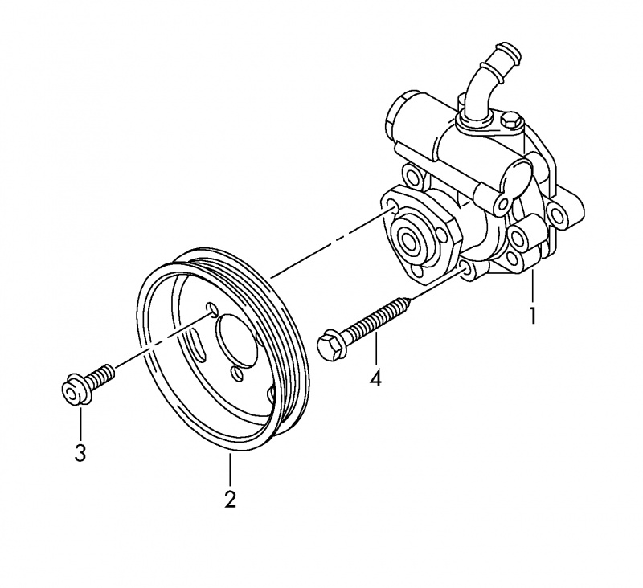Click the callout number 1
[531, 315]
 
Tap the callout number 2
[230, 499]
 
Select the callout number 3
[80, 453]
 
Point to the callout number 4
[375, 377]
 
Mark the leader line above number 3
[80, 422]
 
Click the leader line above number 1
[531, 285]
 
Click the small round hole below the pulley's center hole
[237, 372]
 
